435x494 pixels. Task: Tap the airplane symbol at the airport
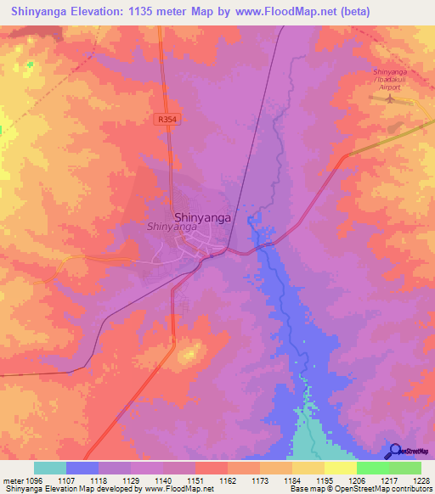(390, 99)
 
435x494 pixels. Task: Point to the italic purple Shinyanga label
(172, 227)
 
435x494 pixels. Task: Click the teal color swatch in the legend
(50, 467)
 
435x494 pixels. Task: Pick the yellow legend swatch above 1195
(308, 467)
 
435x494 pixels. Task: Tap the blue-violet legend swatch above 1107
(82, 467)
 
